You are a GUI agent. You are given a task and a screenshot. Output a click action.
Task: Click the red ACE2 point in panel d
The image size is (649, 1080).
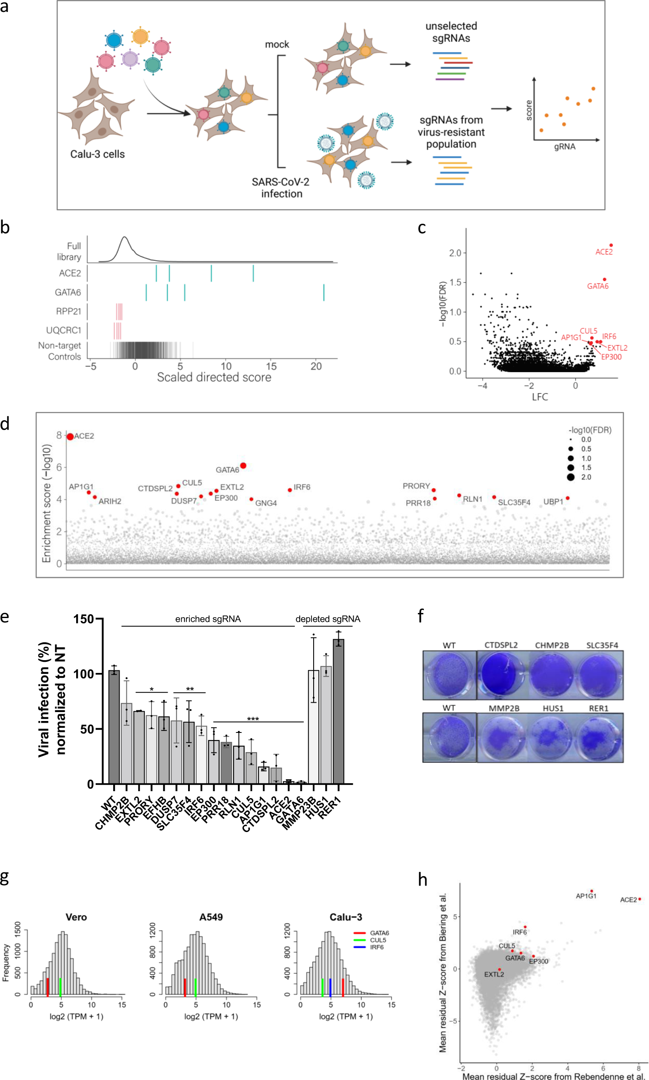(x=70, y=436)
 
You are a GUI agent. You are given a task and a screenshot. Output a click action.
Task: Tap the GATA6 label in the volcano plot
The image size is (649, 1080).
(x=598, y=286)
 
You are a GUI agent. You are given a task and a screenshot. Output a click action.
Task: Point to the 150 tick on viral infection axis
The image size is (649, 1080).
(x=83, y=619)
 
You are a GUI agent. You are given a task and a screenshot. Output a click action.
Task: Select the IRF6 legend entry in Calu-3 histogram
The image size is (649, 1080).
(x=376, y=947)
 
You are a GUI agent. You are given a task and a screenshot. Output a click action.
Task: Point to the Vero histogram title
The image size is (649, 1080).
(x=76, y=917)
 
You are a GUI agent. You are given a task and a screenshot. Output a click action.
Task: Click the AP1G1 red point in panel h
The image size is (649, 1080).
(x=591, y=891)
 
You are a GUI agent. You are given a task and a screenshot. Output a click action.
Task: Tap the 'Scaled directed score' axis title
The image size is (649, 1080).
(x=214, y=377)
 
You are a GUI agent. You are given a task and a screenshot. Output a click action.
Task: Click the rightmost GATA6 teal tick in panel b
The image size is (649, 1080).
(x=323, y=292)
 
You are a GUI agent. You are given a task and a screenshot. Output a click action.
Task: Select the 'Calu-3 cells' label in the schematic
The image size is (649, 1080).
(x=97, y=154)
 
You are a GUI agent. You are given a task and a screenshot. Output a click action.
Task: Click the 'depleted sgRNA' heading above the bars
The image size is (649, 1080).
(x=328, y=619)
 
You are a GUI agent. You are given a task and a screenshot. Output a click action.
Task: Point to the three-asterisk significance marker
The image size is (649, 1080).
(x=253, y=719)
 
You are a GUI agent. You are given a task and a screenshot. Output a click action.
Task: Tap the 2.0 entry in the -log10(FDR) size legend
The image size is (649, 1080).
(x=586, y=477)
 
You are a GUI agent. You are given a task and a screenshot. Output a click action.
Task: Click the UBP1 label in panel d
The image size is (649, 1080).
(x=553, y=502)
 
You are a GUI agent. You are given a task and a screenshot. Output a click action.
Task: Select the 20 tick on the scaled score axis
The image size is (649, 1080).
(x=316, y=366)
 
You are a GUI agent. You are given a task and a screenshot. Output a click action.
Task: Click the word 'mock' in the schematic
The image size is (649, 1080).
(x=277, y=45)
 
